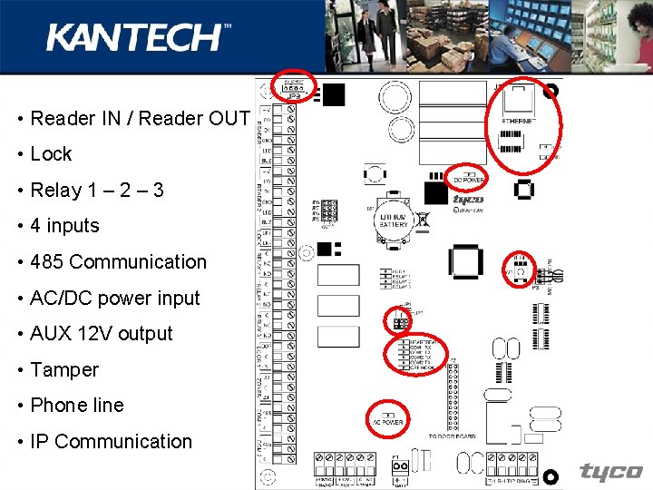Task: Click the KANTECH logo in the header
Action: tap(138, 37)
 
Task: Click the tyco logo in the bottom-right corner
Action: tap(610, 472)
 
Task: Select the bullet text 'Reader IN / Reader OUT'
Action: tap(140, 118)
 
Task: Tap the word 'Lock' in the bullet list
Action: tap(51, 154)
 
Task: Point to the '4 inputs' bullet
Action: tap(64, 226)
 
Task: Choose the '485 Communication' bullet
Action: tap(118, 262)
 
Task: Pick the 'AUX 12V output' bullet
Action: tap(101, 334)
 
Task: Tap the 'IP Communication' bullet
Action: tap(111, 442)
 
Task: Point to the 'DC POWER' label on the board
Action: tap(469, 181)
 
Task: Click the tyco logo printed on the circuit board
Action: tap(468, 200)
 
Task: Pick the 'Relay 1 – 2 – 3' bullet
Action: tap(96, 191)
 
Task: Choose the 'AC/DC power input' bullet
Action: tap(114, 299)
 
